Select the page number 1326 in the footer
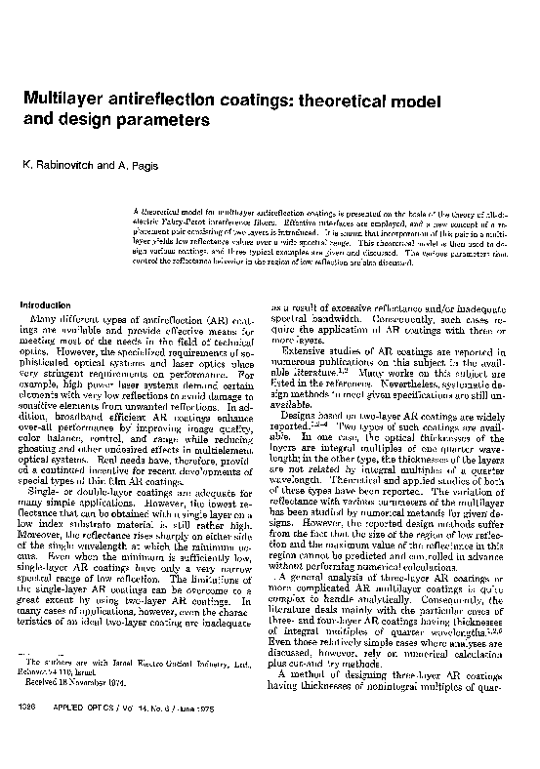29,738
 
